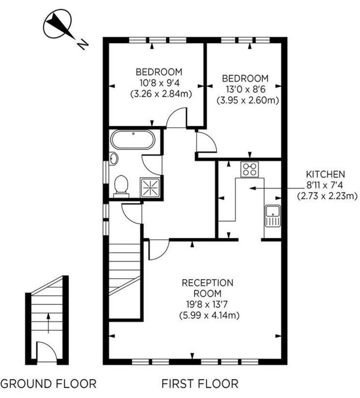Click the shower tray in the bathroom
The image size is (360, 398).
click(151, 187)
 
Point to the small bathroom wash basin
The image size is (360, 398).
click(114, 159)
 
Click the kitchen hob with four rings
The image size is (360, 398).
click(249, 169)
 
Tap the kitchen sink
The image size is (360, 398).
click(272, 215)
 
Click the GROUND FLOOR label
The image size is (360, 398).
click(48, 384)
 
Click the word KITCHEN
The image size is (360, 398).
click(325, 175)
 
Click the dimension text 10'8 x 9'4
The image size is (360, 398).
click(161, 82)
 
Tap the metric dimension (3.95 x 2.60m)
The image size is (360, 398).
click(247, 100)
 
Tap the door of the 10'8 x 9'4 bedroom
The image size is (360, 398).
click(176, 119)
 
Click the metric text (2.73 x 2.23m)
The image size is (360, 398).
click(327, 196)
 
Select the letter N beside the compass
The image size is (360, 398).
click(82, 44)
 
